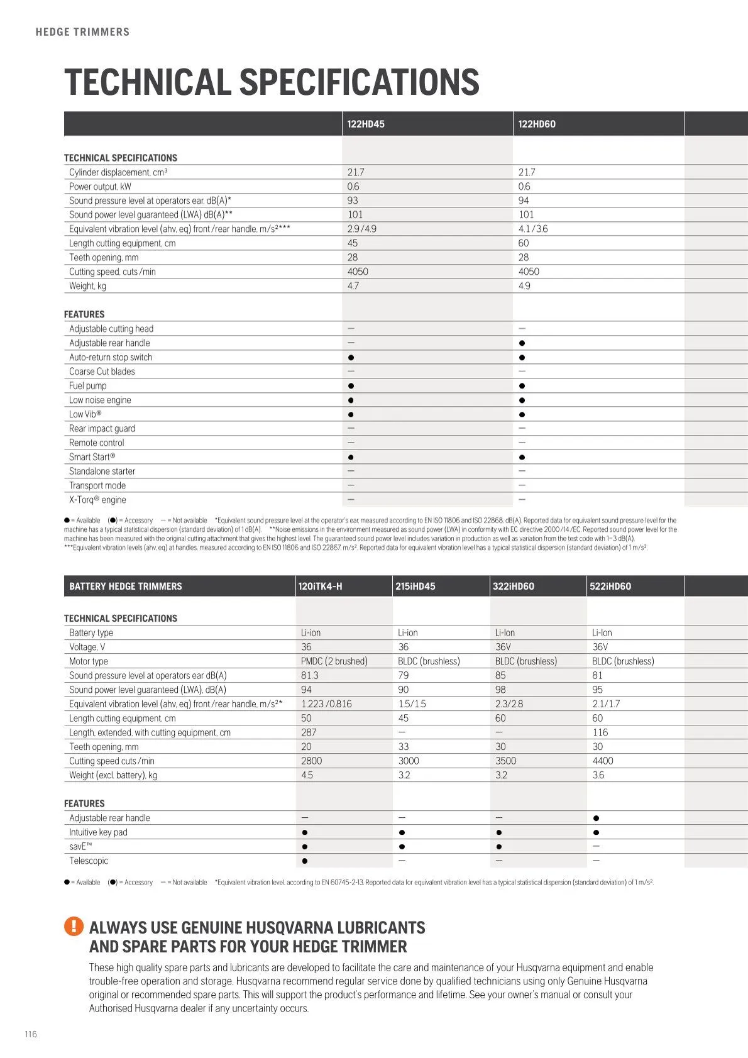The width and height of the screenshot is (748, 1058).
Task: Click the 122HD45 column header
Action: [x=366, y=124]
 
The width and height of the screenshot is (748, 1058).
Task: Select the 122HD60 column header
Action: [x=537, y=124]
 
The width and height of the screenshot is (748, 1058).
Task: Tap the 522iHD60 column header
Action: [x=610, y=586]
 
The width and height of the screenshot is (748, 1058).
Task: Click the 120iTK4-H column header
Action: [x=320, y=586]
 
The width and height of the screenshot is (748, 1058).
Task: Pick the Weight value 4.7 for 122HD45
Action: [x=353, y=286]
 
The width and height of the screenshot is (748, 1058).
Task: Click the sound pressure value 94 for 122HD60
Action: [x=524, y=201]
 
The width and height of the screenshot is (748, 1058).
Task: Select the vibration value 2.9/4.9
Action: [x=361, y=229]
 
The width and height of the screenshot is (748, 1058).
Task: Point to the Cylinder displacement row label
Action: [x=118, y=172]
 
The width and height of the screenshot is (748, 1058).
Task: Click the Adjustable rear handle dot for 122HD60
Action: [x=522, y=343]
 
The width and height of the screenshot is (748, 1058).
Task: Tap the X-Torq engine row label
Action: [x=97, y=500]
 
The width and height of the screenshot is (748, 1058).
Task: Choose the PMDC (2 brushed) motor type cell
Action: [x=334, y=661]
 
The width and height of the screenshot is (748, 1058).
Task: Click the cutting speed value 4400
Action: [x=602, y=761]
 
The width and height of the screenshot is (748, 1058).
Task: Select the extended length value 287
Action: [x=309, y=732]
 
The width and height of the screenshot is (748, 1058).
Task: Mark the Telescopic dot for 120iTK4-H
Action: [x=305, y=861]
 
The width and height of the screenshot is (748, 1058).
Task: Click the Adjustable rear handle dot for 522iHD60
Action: [x=596, y=818]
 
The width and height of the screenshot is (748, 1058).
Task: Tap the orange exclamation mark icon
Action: [x=74, y=926]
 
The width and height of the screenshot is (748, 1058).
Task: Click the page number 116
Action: [x=31, y=1034]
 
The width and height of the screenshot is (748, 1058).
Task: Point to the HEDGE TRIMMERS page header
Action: [x=82, y=32]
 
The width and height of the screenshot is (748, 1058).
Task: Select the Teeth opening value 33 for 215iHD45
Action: [x=404, y=747]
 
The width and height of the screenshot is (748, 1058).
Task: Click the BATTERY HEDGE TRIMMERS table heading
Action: [x=125, y=586]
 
